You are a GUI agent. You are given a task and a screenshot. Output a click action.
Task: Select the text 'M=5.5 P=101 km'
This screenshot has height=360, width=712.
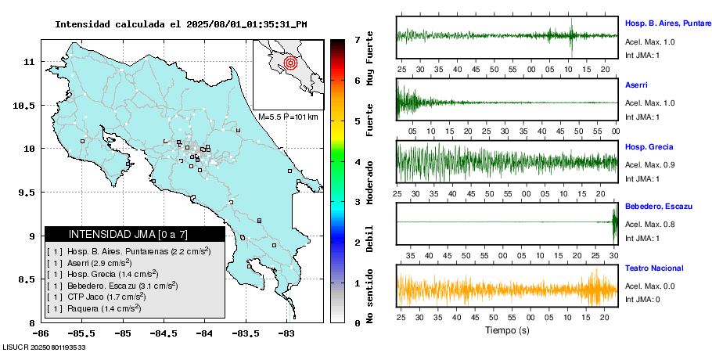point(288,117)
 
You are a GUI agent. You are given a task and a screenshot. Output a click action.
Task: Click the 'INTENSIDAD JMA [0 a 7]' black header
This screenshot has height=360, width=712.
point(135,234)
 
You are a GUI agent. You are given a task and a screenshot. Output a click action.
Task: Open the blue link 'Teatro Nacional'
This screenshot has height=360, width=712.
point(653,268)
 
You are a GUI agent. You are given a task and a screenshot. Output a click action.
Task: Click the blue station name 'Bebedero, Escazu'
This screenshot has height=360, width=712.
point(658,207)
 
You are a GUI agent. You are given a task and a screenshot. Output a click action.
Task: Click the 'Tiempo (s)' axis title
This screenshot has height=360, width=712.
point(506,331)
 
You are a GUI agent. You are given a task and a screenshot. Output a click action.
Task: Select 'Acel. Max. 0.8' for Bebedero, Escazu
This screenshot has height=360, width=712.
point(649,225)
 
